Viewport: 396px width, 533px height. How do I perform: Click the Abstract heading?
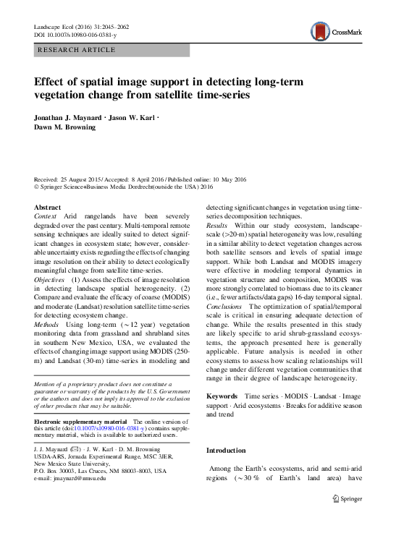(x=48, y=207)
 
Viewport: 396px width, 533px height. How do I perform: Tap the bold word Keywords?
(x=222, y=396)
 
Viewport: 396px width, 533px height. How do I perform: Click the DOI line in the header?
(x=76, y=35)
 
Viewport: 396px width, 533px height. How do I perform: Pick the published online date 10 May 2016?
(x=222, y=179)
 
